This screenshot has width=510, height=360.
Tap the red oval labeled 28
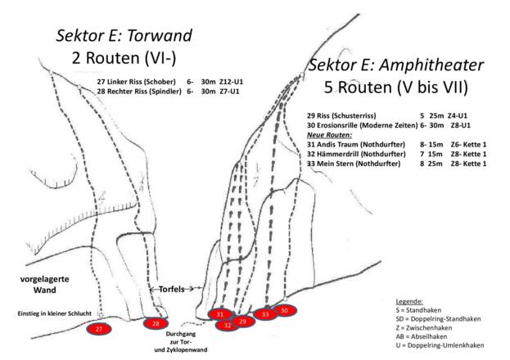pyautogui.click(x=156, y=324)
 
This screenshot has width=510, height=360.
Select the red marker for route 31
pyautogui.click(x=219, y=314)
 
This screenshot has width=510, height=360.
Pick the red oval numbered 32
pyautogui.click(x=227, y=325)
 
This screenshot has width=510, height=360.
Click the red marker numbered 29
pyautogui.click(x=242, y=322)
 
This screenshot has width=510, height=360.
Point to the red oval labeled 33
pyautogui.click(x=264, y=314)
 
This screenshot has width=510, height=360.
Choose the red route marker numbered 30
pyautogui.click(x=284, y=310)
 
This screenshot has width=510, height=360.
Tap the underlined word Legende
pyautogui.click(x=408, y=301)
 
